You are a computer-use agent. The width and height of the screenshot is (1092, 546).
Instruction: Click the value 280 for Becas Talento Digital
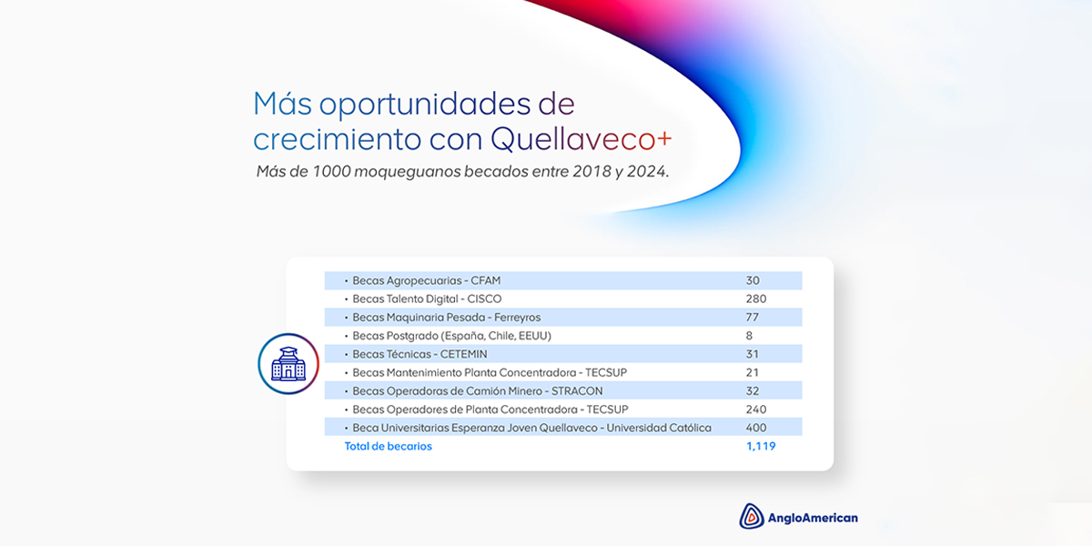pyautogui.click(x=755, y=298)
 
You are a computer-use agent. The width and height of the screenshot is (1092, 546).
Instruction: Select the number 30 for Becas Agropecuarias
pyautogui.click(x=753, y=280)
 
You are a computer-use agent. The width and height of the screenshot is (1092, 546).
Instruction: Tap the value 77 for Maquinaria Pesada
pyautogui.click(x=752, y=318)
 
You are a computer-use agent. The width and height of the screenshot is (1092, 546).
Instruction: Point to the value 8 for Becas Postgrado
pyautogui.click(x=749, y=336)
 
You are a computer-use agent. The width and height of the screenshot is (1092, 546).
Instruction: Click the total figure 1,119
pyautogui.click(x=761, y=446)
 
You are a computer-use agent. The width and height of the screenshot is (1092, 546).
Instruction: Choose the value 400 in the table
pyautogui.click(x=755, y=428)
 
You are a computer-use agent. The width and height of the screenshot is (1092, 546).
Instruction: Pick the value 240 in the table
pyautogui.click(x=755, y=409)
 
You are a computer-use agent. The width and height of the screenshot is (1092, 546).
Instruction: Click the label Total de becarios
pyautogui.click(x=388, y=446)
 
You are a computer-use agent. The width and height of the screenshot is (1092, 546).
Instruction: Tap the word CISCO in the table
pyautogui.click(x=484, y=298)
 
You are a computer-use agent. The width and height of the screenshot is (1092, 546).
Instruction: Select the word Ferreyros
pyautogui.click(x=517, y=318)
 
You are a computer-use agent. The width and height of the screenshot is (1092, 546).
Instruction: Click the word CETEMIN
pyautogui.click(x=463, y=354)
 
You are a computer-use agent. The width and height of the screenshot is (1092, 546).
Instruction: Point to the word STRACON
pyautogui.click(x=577, y=391)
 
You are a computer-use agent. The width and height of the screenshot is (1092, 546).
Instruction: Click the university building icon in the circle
pyautogui.click(x=288, y=364)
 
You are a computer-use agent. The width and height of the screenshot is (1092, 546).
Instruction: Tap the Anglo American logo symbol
pyautogui.click(x=752, y=516)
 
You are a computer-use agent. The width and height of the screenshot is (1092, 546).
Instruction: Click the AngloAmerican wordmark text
pyautogui.click(x=813, y=518)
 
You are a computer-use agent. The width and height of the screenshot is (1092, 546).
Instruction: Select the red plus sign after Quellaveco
pyautogui.click(x=664, y=138)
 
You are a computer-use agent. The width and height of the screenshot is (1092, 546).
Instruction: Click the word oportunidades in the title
pyautogui.click(x=425, y=105)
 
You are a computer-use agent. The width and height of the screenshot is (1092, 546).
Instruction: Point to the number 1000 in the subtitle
pyautogui.click(x=331, y=172)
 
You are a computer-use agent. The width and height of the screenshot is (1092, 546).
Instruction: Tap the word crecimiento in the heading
pyautogui.click(x=337, y=139)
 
